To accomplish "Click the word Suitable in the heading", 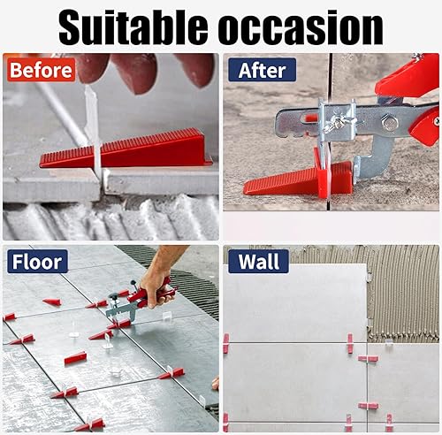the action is [133, 27].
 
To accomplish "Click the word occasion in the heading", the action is [301, 29].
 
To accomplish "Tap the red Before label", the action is [41, 70].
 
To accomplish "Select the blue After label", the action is [262, 70].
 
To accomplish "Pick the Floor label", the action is [37, 262].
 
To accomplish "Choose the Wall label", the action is [258, 262].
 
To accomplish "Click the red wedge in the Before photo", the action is [126, 149].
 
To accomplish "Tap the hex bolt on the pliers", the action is [386, 123].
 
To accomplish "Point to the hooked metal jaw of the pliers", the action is [374, 159].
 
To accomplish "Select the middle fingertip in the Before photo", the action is [139, 72].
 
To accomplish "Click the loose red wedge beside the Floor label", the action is [52, 301].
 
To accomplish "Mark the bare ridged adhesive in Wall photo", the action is [403, 294].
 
